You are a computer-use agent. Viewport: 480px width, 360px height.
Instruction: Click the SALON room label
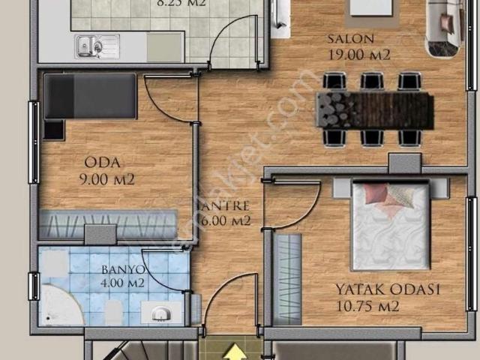tap(350, 40)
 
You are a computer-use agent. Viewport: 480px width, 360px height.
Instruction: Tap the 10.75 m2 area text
tap(367, 306)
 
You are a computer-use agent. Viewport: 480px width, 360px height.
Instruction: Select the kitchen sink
tap(97, 46)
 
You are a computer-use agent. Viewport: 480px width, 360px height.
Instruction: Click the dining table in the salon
tap(374, 109)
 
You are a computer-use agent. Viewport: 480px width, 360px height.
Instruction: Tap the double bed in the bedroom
tap(390, 226)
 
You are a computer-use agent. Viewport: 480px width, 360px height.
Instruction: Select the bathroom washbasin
tap(159, 312)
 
